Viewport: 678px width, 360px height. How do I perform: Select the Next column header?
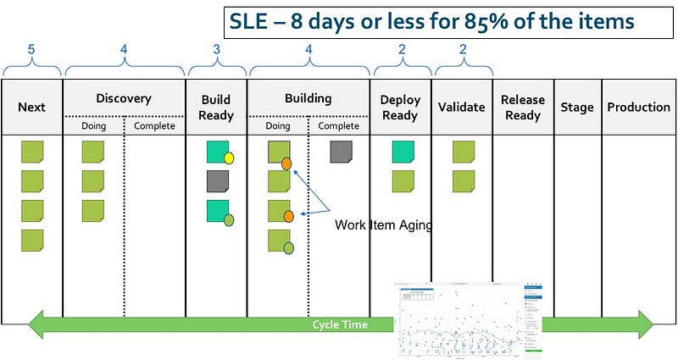32,107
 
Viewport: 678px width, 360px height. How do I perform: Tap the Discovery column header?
124,98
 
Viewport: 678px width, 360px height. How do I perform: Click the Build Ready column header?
216,107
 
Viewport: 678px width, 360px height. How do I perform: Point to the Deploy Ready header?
400,107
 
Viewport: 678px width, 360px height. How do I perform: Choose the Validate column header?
462,107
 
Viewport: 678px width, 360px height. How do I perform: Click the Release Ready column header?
523,107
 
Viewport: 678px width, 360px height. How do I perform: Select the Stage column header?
577,107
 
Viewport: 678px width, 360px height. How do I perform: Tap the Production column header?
638,107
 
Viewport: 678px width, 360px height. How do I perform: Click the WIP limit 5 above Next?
31,50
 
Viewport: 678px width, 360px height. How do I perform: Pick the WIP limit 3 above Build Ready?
216,50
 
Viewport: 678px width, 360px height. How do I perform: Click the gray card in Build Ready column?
218,181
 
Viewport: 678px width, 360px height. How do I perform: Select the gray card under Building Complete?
342,152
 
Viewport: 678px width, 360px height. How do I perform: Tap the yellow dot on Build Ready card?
229,158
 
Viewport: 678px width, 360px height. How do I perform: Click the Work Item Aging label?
383,224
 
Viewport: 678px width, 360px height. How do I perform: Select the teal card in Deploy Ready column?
403,152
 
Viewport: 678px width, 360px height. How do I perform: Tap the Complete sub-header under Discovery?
154,126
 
